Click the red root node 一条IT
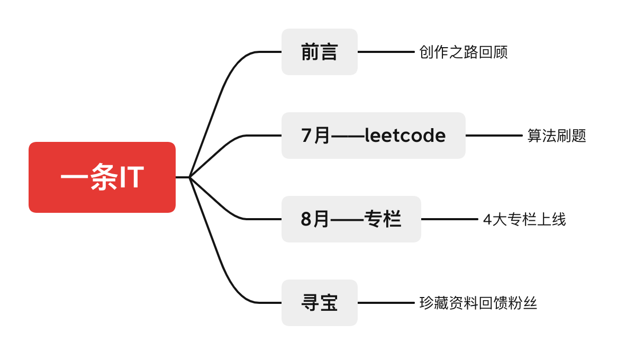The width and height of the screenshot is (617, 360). click(x=102, y=177)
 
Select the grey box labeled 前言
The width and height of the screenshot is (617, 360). click(x=319, y=52)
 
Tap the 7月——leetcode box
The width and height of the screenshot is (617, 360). click(x=373, y=136)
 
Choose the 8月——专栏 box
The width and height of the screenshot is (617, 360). click(x=351, y=219)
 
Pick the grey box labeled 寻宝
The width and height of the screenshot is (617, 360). click(x=319, y=303)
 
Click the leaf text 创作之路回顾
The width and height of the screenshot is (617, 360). click(x=463, y=52)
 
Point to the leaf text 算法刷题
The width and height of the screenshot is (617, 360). click(x=557, y=136)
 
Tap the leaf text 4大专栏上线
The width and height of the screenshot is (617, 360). click(x=524, y=219)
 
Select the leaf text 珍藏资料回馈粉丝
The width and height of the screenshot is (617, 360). click(x=478, y=303)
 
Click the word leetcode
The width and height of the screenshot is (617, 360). click(x=405, y=136)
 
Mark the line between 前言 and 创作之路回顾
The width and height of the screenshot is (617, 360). click(x=386, y=52)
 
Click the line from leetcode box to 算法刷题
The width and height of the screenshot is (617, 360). click(x=494, y=136)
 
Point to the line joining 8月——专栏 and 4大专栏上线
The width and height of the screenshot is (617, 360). click(x=449, y=219)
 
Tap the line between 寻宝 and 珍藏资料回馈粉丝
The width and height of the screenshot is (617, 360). click(x=386, y=303)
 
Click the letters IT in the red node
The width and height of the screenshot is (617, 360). click(x=131, y=178)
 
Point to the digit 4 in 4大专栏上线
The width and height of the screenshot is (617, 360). click(x=487, y=220)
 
